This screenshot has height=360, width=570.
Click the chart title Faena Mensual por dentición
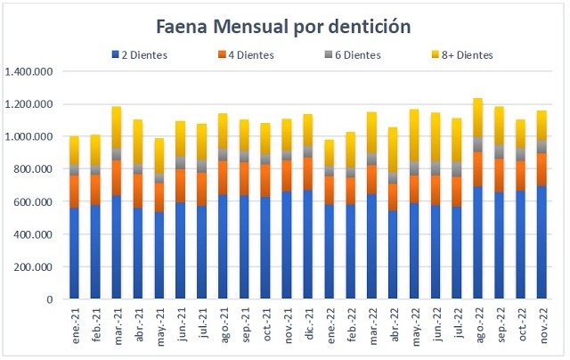(283, 27)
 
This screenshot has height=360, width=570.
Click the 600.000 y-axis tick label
(37, 202)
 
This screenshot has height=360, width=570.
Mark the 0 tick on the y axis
(55, 300)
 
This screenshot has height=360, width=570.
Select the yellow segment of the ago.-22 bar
(478, 117)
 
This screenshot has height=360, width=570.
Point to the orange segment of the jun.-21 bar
(181, 185)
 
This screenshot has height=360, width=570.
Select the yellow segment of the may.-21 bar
(159, 155)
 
